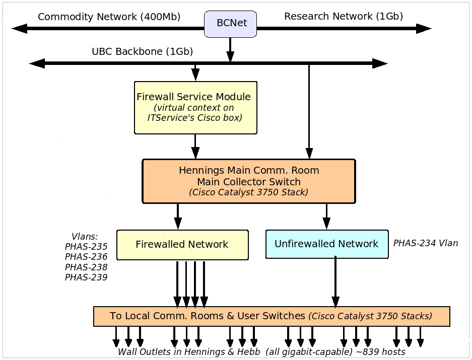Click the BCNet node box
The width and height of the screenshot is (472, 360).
[x=230, y=23]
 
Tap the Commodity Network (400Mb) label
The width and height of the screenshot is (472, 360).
[x=109, y=17]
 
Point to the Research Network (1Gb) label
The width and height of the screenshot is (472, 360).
[x=344, y=16]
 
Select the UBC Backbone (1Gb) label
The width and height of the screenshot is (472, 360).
[x=142, y=51]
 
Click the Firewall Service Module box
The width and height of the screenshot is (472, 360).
[x=195, y=107]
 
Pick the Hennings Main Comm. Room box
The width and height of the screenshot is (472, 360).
[x=249, y=181]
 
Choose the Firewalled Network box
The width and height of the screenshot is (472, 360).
[x=182, y=245]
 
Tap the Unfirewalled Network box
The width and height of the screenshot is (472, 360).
[x=326, y=244]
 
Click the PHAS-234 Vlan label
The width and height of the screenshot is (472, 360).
[x=426, y=243]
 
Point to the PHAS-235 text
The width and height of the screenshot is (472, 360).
[x=86, y=247]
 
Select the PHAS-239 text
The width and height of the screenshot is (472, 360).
[x=86, y=277]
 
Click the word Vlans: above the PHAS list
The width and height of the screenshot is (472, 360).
[x=85, y=236]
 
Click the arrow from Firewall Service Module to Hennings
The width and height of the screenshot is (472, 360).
[x=195, y=147]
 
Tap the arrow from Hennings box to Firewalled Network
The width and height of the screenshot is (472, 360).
[x=177, y=217]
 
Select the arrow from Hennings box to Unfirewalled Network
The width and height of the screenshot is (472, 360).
[x=326, y=217]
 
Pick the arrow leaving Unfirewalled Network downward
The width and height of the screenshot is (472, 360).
[x=335, y=282]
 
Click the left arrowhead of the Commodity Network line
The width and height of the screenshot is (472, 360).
[x=19, y=28]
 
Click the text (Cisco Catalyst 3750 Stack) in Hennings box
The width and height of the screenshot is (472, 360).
[x=249, y=192]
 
